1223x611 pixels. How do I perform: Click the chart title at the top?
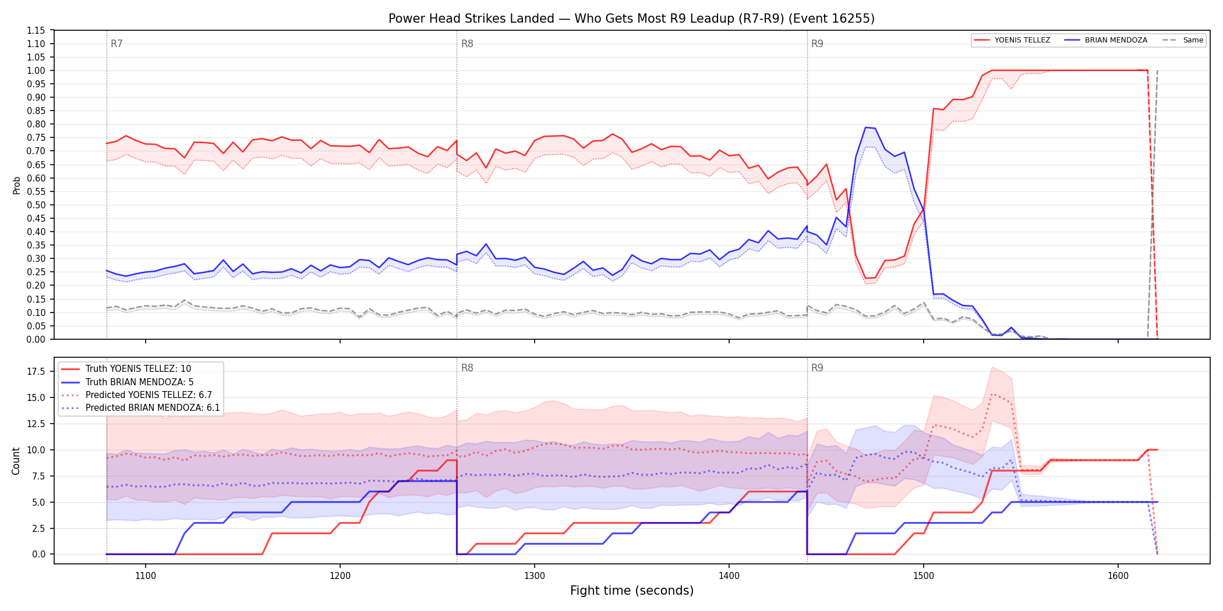pos(631,19)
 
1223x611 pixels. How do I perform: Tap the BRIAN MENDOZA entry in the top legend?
pos(1106,40)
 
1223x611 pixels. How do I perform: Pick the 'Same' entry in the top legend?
pos(1183,40)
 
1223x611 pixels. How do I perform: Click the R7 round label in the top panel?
pos(116,44)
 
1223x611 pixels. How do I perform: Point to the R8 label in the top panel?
pos(467,44)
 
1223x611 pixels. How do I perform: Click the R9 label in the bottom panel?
pos(817,368)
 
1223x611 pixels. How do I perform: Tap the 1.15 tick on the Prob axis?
pos(36,30)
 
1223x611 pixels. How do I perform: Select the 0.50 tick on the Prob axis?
pos(36,205)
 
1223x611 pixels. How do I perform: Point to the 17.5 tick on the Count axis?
pos(36,371)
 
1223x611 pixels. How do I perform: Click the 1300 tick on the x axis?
pos(535,576)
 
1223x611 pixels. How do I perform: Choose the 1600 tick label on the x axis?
pos(1118,576)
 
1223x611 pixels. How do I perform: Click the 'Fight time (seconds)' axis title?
pos(632,591)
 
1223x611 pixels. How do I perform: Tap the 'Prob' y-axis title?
pos(16,185)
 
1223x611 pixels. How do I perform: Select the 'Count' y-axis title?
pos(16,461)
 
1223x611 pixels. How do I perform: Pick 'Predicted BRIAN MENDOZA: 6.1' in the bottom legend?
pos(141,408)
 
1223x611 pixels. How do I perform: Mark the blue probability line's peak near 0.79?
pos(866,127)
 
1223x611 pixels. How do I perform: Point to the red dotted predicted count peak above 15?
pos(992,395)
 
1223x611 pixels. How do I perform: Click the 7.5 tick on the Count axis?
pos(38,476)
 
